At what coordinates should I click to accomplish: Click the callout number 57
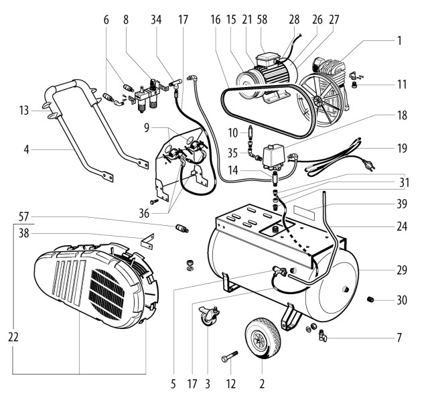tap(24, 216)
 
